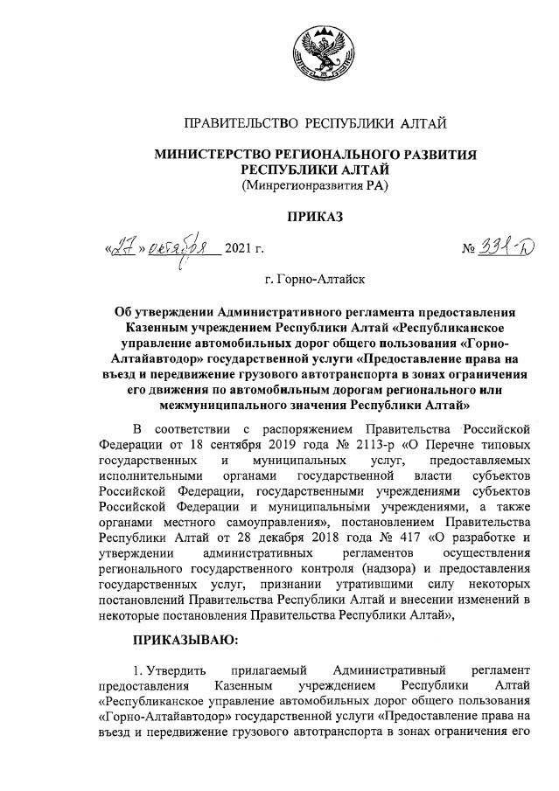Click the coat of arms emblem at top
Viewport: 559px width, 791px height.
pos(316,53)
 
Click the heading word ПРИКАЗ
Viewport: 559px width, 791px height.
pos(316,216)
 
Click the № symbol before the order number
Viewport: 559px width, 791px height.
pos(469,252)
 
